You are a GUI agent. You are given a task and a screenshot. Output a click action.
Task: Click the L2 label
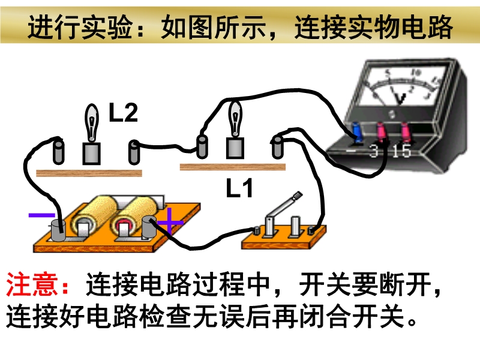(124, 112)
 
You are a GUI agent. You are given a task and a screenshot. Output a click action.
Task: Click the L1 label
(239, 188)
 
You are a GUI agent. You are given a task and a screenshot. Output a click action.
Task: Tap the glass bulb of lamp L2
(92, 122)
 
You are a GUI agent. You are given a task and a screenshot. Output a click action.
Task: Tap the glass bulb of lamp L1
(235, 119)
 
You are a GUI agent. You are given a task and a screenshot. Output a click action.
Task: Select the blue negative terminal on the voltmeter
(357, 133)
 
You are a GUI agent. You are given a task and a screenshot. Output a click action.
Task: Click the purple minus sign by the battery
(41, 215)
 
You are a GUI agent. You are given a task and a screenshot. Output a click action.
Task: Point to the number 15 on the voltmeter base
(401, 151)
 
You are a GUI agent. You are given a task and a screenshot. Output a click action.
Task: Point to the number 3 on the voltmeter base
(374, 151)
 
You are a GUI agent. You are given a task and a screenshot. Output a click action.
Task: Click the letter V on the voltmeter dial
(400, 98)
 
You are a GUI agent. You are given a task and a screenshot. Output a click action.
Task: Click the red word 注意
(32, 284)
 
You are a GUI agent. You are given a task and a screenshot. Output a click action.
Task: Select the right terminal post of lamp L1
(277, 148)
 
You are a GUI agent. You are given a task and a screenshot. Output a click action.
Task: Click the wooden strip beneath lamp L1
(233, 167)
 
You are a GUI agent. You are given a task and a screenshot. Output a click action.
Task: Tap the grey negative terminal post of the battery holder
(58, 230)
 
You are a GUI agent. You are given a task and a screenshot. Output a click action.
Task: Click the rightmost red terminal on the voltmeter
(405, 132)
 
